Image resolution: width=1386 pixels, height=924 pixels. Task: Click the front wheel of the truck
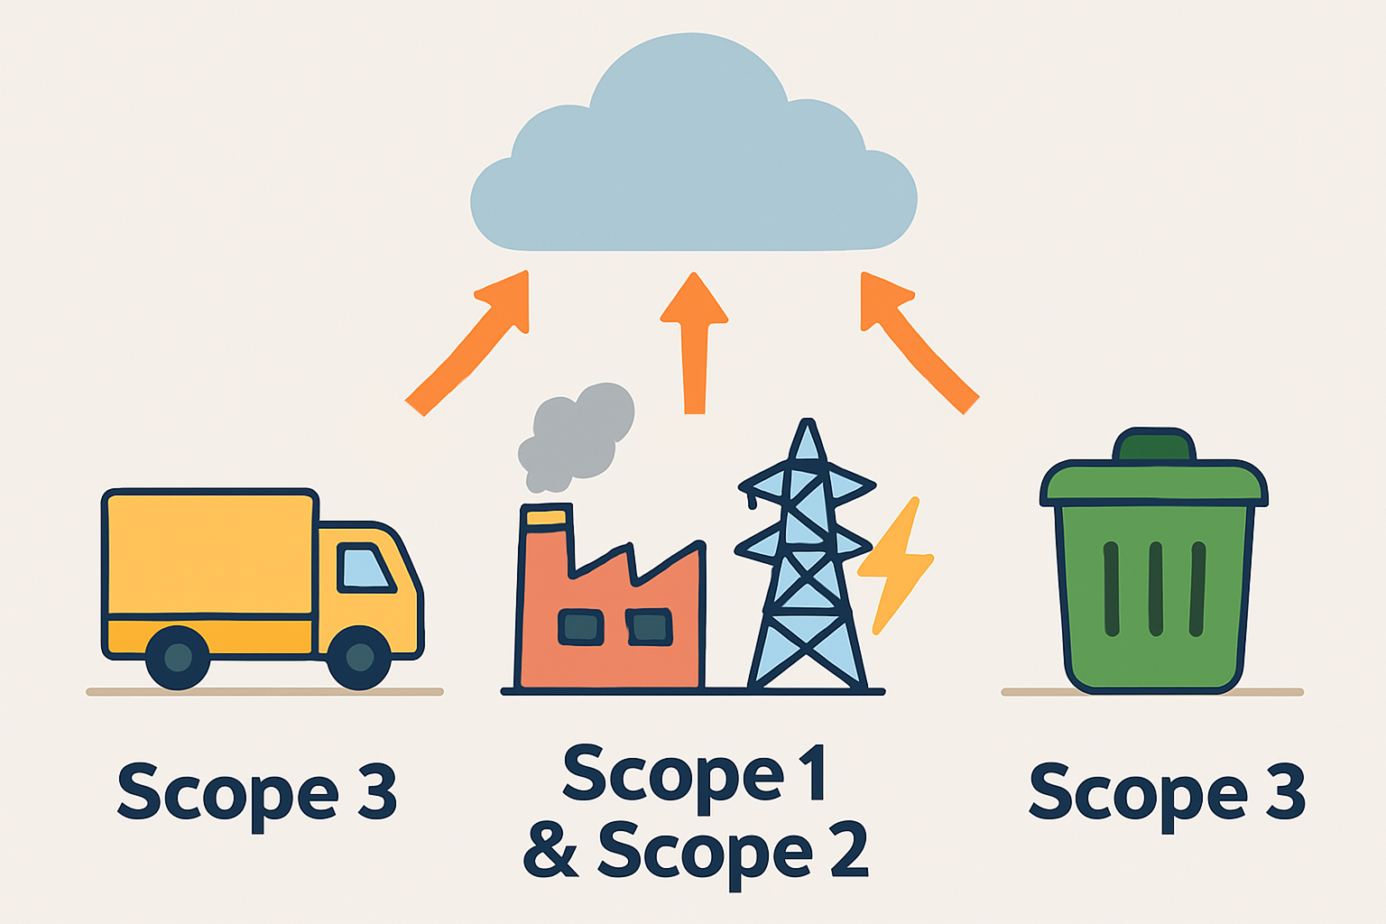tap(359, 657)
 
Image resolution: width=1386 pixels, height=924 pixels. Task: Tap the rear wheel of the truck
tap(178, 657)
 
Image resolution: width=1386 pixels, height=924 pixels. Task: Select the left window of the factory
tap(580, 627)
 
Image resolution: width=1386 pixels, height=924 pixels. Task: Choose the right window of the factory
tap(650, 627)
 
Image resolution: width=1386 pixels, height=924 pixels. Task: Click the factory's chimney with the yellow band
tap(547, 541)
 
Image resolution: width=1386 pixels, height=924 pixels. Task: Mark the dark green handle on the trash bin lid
tap(1155, 446)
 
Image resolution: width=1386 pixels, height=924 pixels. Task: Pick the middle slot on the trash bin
tap(1155, 589)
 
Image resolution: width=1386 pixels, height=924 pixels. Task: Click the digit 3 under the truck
tap(377, 792)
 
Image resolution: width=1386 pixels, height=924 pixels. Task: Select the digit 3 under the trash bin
tap(1285, 792)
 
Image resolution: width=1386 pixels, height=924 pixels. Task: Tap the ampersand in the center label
tap(550, 850)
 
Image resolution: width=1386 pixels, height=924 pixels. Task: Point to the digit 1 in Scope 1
tap(813, 772)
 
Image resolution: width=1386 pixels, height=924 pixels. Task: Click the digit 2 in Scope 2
tap(849, 850)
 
